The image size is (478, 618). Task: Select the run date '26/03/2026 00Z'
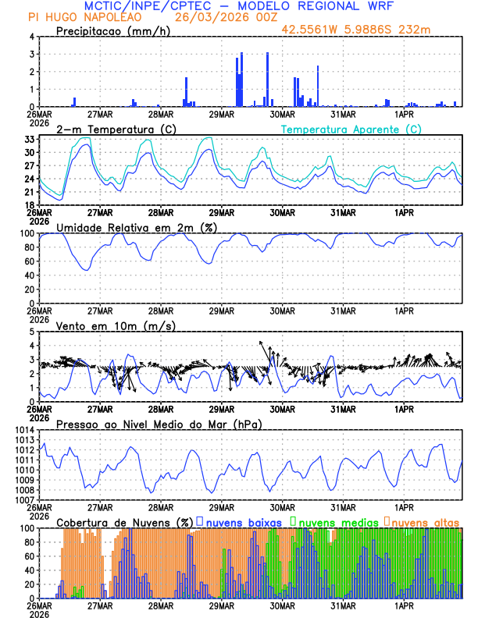[221, 17]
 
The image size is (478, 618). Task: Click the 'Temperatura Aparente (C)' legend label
[351, 129]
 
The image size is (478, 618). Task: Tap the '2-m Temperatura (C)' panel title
[116, 129]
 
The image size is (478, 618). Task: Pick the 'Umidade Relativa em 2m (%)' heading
[137, 227]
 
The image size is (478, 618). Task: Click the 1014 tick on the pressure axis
[23, 430]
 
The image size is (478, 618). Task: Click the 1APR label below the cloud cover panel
[405, 606]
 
